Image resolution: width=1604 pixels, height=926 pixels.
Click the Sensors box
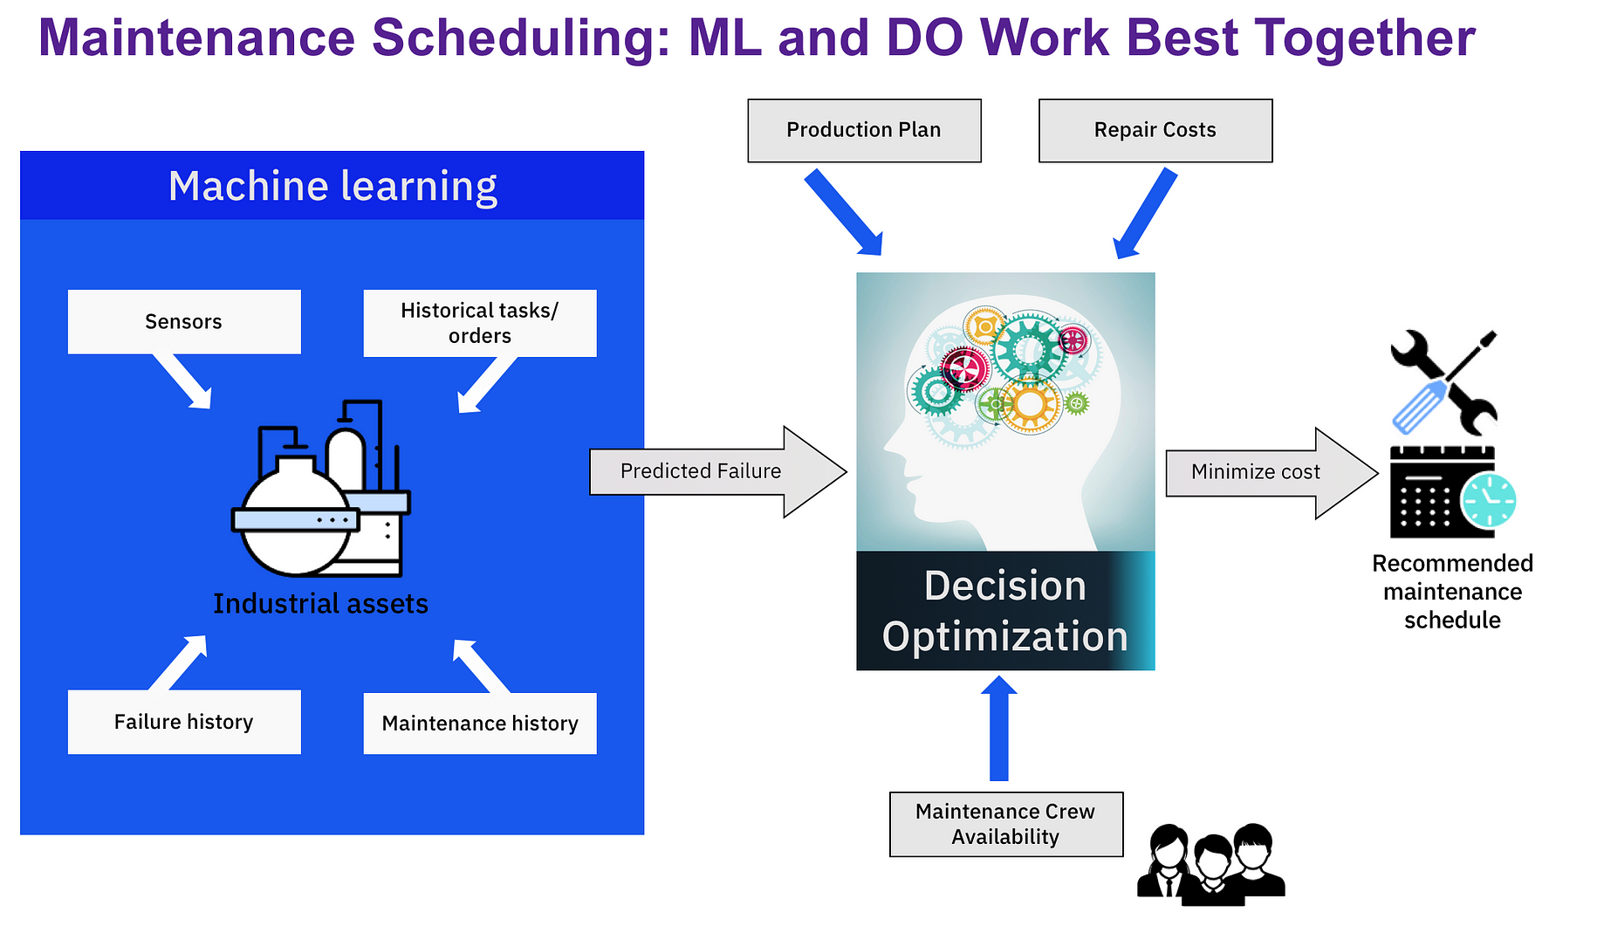click(184, 321)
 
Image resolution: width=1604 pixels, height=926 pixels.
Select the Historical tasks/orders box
click(480, 323)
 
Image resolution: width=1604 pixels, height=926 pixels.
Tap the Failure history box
click(184, 722)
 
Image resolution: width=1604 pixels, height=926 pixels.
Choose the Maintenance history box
click(480, 724)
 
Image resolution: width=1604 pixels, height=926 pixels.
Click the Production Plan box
click(864, 130)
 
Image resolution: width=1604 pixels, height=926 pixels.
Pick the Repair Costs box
click(1155, 130)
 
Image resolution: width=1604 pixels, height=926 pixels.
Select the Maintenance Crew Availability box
click(1006, 824)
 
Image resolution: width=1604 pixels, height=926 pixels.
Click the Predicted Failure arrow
click(717, 471)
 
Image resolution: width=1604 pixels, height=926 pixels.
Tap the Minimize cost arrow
click(1272, 473)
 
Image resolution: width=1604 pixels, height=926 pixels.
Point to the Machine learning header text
click(332, 186)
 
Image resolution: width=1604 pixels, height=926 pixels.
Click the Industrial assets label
click(321, 603)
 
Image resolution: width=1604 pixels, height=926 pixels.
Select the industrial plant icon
click(320, 488)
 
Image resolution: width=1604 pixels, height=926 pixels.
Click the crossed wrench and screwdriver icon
click(1443, 382)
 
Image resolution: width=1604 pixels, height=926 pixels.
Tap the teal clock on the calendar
click(1489, 501)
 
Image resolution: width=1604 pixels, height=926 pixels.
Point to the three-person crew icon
click(1211, 863)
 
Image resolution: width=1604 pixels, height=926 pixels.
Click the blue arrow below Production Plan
click(843, 213)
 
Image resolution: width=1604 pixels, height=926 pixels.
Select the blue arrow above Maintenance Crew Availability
click(999, 728)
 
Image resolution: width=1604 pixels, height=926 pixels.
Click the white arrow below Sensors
click(183, 381)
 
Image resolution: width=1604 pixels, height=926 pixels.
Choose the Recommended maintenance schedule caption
click(1452, 592)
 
